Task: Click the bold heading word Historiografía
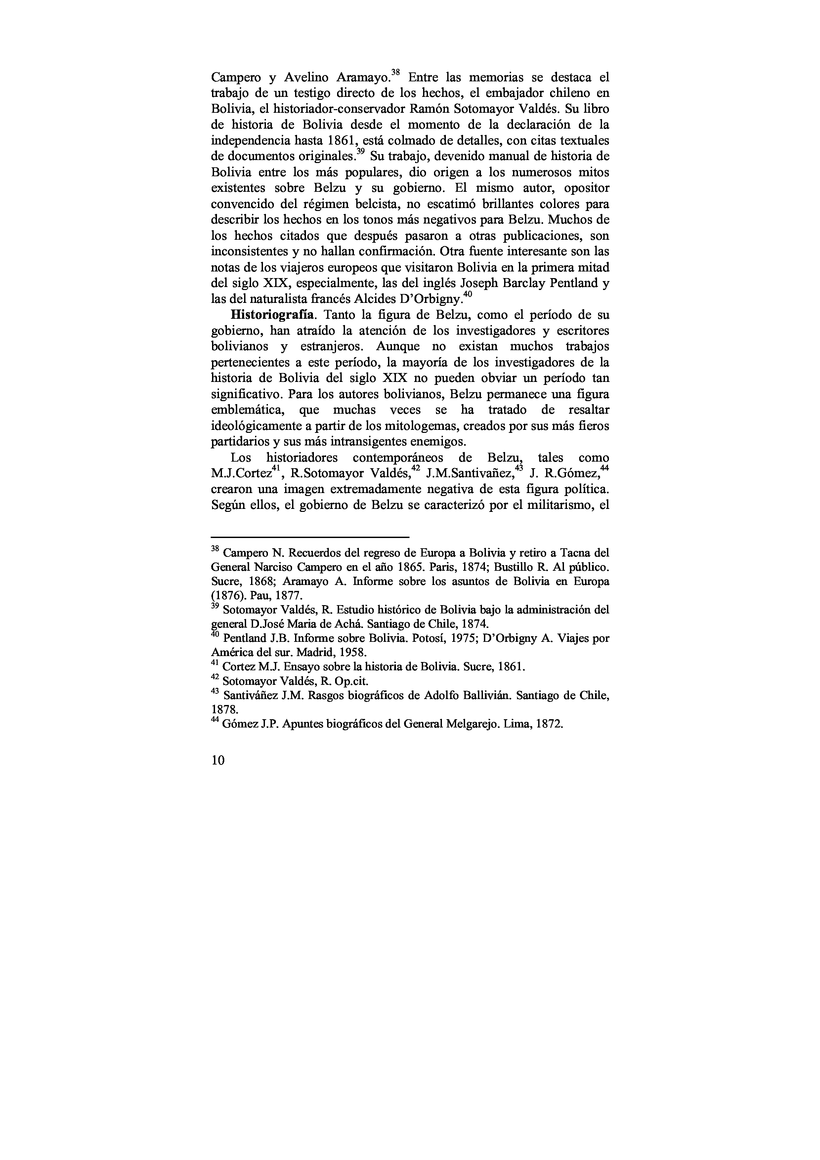273,315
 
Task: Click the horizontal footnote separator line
309,537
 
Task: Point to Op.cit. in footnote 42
352,681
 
